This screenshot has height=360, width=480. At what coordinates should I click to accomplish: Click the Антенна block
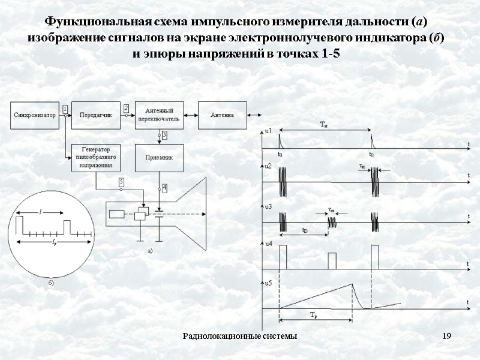pyautogui.click(x=223, y=115)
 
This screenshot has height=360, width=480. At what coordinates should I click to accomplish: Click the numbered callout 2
pyautogui.click(x=126, y=108)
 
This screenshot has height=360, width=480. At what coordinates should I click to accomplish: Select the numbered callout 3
pyautogui.click(x=164, y=136)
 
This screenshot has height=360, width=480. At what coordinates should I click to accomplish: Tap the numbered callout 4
pyautogui.click(x=164, y=188)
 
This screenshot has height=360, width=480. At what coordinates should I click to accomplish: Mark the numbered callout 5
pyautogui.click(x=121, y=181)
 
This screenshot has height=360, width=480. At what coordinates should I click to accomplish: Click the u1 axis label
pyautogui.click(x=268, y=131)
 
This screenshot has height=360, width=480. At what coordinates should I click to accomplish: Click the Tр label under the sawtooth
pyautogui.click(x=313, y=315)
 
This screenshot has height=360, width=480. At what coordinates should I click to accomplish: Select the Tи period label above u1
pyautogui.click(x=324, y=124)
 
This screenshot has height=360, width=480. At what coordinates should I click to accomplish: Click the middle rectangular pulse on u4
pyautogui.click(x=332, y=260)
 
